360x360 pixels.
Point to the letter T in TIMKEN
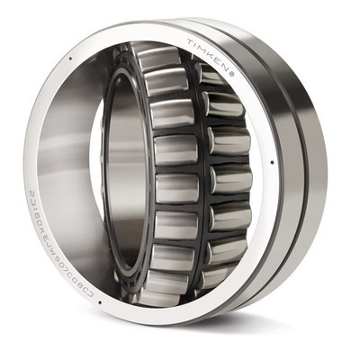pyautogui.click(x=191, y=42)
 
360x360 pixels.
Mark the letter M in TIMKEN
pyautogui.click(x=204, y=48)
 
